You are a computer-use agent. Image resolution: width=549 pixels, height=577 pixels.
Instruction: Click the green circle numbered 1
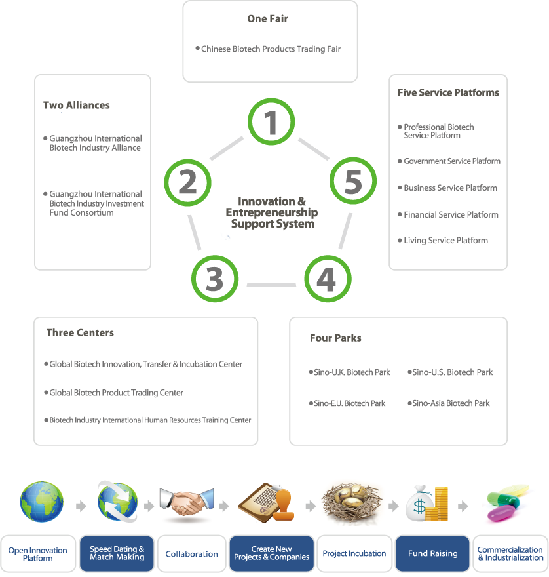271,122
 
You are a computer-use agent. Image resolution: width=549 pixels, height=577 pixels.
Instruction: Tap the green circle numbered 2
187,181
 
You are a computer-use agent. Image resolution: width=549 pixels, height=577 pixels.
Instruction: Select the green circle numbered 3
214,279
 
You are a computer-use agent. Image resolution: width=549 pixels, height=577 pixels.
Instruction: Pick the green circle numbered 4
326,279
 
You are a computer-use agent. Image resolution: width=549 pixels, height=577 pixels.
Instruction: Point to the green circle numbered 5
352,181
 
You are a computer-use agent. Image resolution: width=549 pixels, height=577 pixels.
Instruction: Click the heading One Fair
267,18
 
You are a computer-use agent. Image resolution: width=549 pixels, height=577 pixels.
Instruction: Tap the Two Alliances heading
77,105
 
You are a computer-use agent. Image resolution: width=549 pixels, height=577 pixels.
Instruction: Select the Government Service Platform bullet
451,161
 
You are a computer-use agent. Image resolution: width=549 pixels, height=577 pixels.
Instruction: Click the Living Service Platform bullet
445,241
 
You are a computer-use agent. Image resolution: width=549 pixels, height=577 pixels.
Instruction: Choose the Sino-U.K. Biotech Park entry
351,372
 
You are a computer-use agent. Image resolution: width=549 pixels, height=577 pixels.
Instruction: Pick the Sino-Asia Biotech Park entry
450,403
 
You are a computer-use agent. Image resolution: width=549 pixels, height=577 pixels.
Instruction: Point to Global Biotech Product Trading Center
116,393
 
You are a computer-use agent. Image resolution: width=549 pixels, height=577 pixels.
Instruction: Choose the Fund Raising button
432,554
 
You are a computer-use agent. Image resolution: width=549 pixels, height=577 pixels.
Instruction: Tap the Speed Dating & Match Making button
117,554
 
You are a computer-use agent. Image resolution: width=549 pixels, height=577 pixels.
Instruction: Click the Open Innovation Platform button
38,554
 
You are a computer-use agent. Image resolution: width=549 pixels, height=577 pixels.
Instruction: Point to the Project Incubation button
354,554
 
